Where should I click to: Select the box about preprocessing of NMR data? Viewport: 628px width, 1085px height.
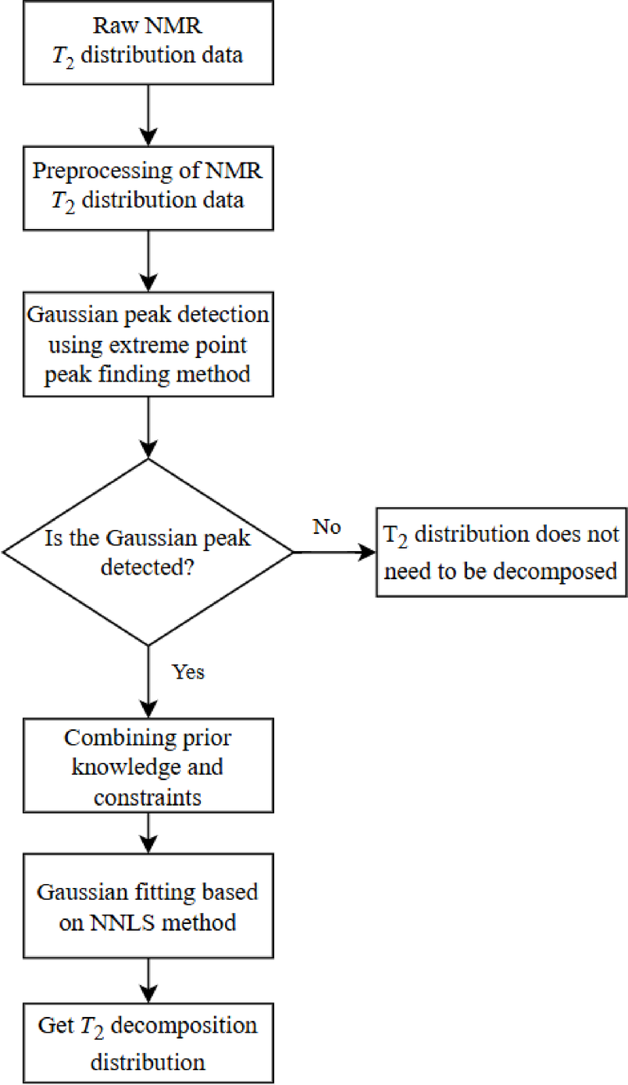click(x=148, y=186)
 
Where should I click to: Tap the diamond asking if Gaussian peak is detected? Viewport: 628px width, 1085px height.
click(x=148, y=552)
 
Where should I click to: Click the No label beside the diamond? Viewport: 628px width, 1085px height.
click(x=326, y=527)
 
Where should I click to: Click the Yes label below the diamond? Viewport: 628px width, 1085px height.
click(x=188, y=671)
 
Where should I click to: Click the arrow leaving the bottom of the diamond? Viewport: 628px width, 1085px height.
click(x=148, y=676)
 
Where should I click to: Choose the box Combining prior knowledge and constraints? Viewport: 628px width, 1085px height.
click(x=148, y=766)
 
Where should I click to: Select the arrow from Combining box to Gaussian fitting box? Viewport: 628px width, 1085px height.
click(x=148, y=835)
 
